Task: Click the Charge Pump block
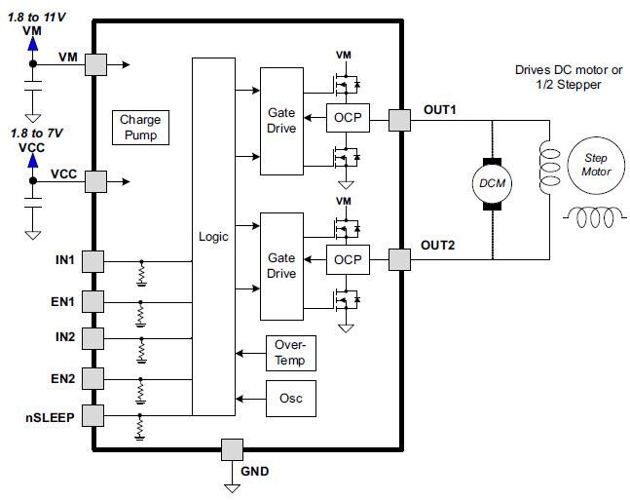coord(140,128)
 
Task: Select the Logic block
coord(213,237)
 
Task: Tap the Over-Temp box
coord(290,354)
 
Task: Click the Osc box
coord(290,399)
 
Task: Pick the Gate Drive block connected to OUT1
coord(281,120)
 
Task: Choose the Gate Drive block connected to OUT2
coord(281,265)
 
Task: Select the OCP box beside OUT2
coord(346,260)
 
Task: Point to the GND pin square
coord(232,449)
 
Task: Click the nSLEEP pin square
coord(93,415)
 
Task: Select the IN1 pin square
coord(93,261)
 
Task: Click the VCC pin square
coord(95,180)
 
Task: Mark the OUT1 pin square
coord(400,120)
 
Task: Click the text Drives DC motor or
coord(566,70)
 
